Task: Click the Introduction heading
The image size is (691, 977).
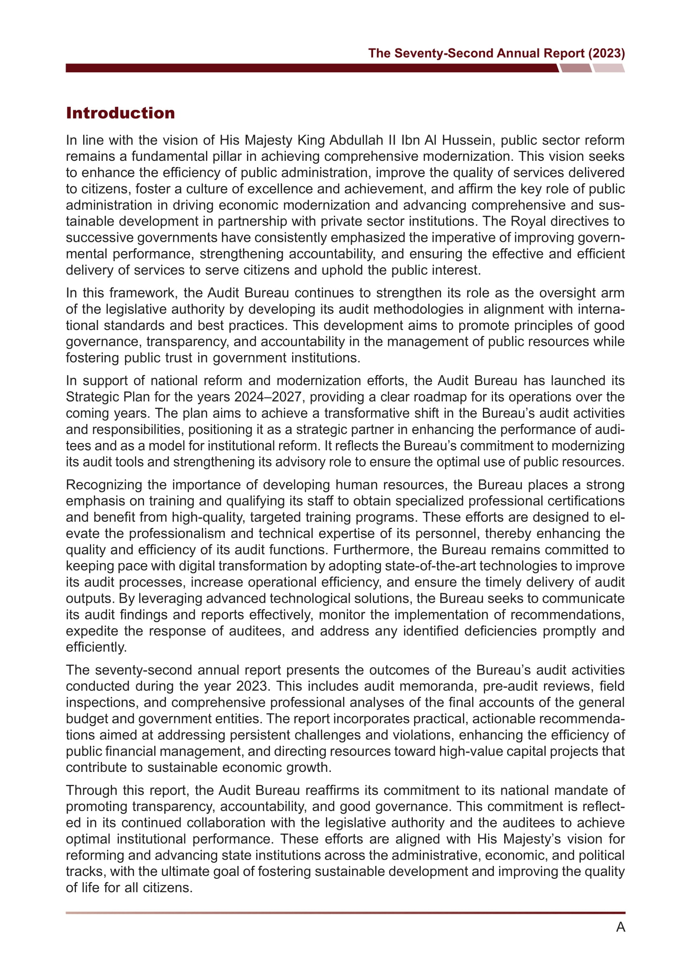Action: click(120, 113)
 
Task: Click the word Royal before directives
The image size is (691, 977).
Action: click(528, 221)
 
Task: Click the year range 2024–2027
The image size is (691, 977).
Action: click(269, 396)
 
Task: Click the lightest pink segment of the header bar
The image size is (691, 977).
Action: click(608, 68)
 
